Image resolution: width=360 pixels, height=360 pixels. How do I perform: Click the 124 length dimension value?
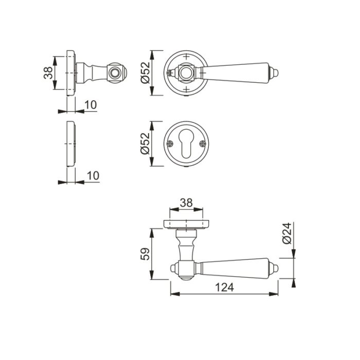pyautogui.click(x=224, y=287)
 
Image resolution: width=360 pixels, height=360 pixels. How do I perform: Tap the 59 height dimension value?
pyautogui.click(x=146, y=254)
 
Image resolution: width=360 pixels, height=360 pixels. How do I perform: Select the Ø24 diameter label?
pyautogui.click(x=287, y=233)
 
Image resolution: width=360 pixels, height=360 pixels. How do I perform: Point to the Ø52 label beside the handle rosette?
pyautogui.click(x=146, y=73)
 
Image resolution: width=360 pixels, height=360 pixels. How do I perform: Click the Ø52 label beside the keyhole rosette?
pyautogui.click(x=146, y=143)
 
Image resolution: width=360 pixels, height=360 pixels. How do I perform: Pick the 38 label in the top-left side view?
pyautogui.click(x=48, y=73)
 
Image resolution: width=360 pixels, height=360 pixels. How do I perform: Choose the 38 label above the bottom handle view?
pyautogui.click(x=186, y=203)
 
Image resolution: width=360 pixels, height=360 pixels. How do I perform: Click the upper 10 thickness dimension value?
pyautogui.click(x=91, y=105)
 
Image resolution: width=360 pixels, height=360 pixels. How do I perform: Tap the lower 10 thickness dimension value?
pyautogui.click(x=93, y=176)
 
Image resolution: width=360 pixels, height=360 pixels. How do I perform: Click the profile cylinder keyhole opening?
pyautogui.click(x=186, y=143)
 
